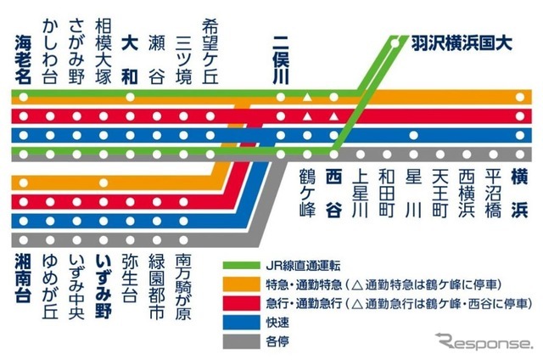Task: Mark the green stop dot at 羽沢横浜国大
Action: click(396, 39)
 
